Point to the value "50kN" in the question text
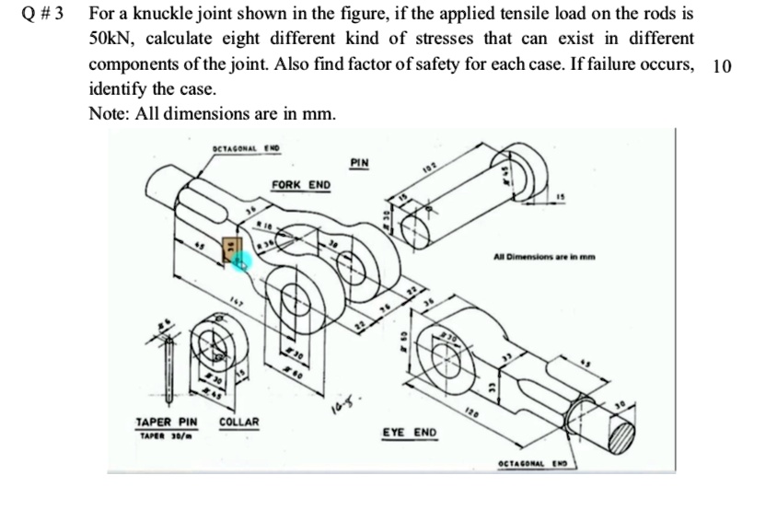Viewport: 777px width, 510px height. pyautogui.click(x=111, y=40)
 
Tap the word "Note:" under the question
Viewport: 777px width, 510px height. pyautogui.click(x=109, y=112)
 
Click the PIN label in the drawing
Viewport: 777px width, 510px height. pyautogui.click(x=360, y=163)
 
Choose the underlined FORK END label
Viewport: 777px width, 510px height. pyautogui.click(x=301, y=185)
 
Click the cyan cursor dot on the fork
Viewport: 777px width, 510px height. pyautogui.click(x=242, y=262)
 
